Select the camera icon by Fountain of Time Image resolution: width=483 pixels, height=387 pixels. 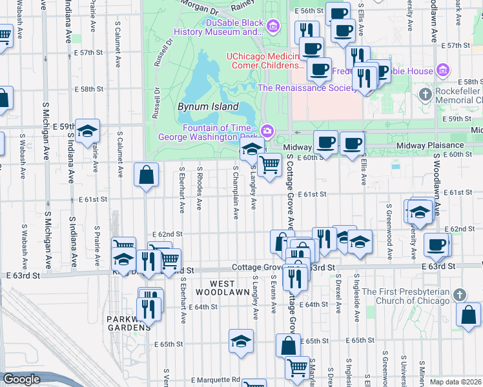tap(267, 132)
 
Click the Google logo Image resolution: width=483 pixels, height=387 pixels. tap(21, 379)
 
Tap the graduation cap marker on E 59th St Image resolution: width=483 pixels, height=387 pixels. tap(87, 131)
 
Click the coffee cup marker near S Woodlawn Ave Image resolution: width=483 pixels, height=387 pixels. tap(437, 245)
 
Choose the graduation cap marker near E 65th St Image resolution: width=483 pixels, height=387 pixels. tap(241, 340)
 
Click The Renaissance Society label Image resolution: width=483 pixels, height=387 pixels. tap(307, 88)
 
